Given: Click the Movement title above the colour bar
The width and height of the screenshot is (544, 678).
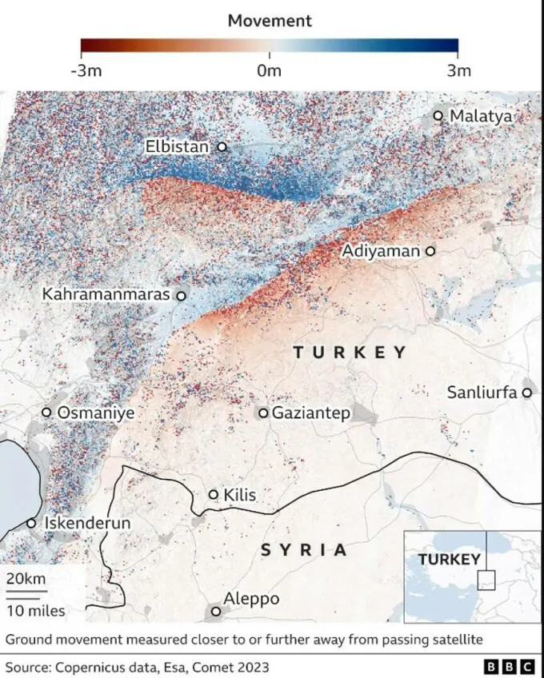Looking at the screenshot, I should tap(270, 20).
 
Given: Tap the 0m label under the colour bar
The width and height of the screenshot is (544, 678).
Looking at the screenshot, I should tap(270, 70).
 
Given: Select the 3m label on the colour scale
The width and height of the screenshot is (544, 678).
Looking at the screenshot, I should tap(459, 70).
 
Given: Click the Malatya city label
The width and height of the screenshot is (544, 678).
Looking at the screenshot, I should tap(480, 116).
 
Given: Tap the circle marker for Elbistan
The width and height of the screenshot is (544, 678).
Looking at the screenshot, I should tap(222, 147).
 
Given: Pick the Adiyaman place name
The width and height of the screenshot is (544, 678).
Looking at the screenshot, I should tap(381, 251).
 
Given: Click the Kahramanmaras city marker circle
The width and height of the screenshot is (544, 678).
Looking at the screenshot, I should tap(181, 296).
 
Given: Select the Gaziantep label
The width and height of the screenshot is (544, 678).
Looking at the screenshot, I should tap(311, 413).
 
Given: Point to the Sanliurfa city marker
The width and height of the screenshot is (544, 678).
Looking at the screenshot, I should tap(526, 393).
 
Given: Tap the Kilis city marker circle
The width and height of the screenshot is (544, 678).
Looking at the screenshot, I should tap(214, 495).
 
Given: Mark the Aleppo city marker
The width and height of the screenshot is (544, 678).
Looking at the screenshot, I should tap(215, 612).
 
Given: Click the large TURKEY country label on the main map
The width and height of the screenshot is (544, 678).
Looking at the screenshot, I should tap(350, 352).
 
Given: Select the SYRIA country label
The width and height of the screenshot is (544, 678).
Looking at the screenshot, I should tap(305, 549).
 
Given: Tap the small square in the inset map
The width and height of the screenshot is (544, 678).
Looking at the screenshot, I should tap(486, 580).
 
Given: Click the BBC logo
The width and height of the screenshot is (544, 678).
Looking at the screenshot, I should tap(510, 665).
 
